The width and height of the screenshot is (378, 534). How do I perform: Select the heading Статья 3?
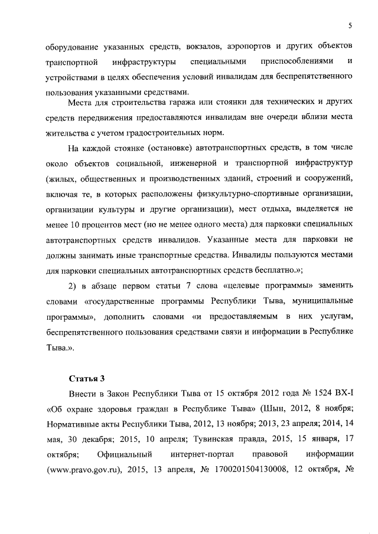tap(86, 378)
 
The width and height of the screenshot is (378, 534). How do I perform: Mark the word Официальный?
tap(125, 470)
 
